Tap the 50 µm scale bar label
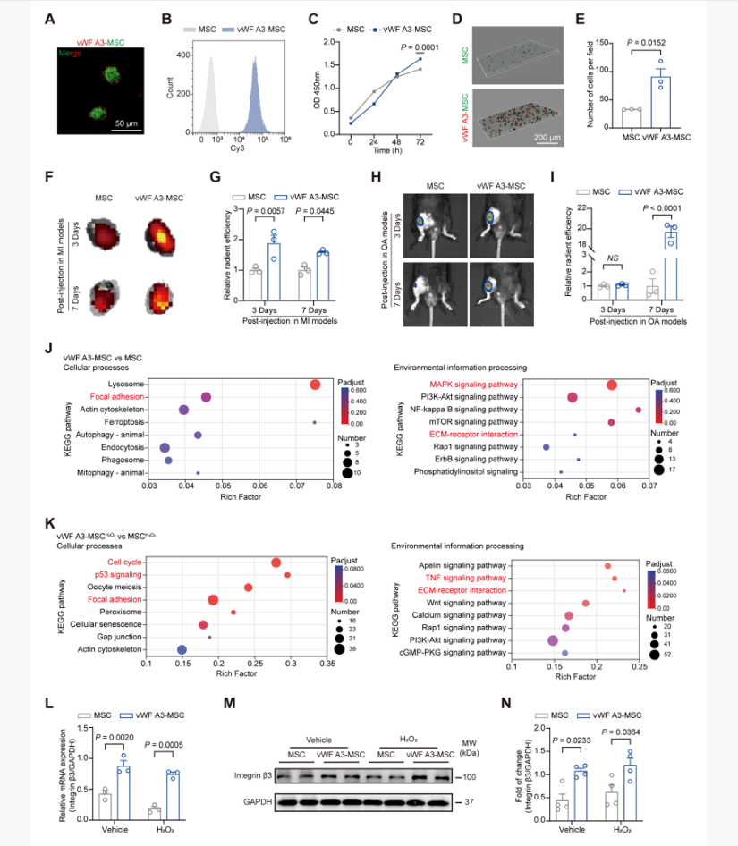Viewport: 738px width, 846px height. [131, 119]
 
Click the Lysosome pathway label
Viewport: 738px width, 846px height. [123, 385]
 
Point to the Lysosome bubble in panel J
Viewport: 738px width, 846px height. [315, 385]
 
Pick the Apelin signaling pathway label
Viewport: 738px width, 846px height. [458, 565]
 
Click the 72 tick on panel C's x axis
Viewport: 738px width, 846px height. [420, 141]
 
